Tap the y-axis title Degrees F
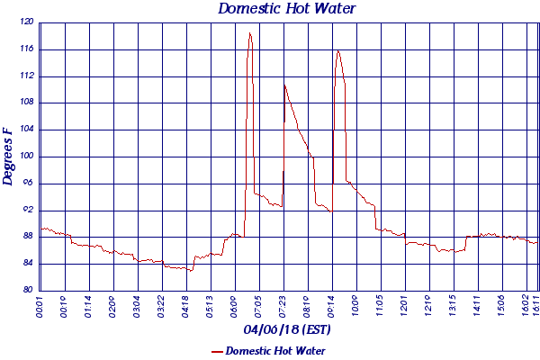pyautogui.click(x=8, y=156)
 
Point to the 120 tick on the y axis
pyautogui.click(x=27, y=22)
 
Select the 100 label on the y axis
pyautogui.click(x=27, y=157)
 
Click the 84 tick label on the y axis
pyautogui.click(x=29, y=264)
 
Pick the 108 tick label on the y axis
pyautogui.click(x=27, y=103)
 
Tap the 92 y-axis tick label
pyautogui.click(x=29, y=210)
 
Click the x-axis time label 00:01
pyautogui.click(x=40, y=307)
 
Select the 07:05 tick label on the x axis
pyautogui.click(x=259, y=307)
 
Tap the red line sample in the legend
pyautogui.click(x=216, y=351)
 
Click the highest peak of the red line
pyautogui.click(x=249, y=33)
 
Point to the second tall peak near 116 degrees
pyautogui.click(x=338, y=50)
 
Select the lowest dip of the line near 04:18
pyautogui.click(x=191, y=270)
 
